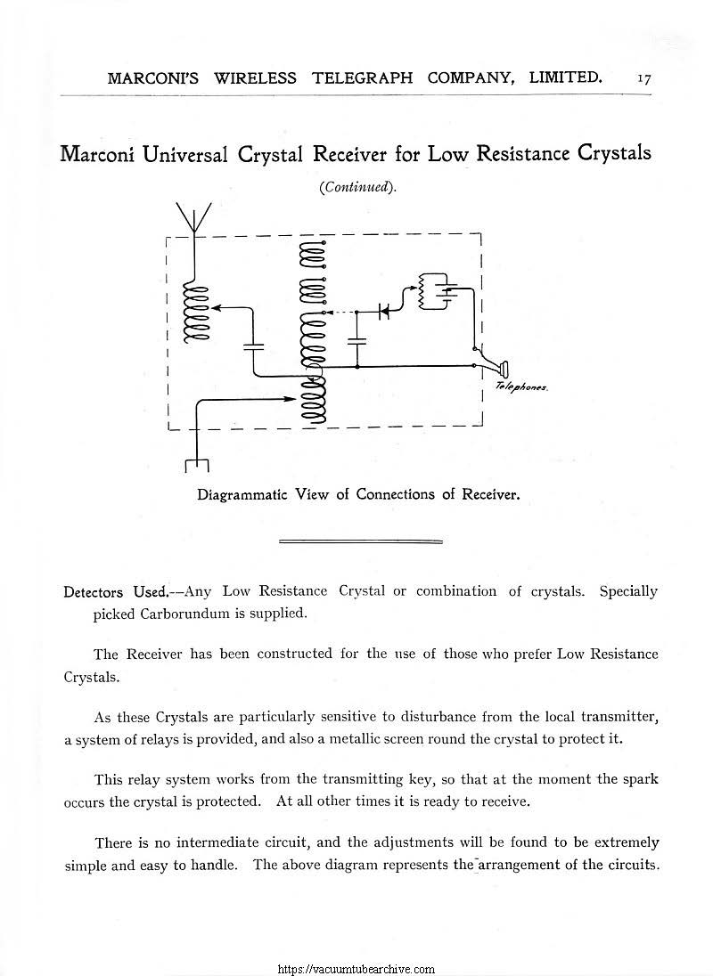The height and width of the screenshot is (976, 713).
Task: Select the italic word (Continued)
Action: (356, 188)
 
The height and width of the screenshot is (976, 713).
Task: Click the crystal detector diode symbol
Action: (385, 312)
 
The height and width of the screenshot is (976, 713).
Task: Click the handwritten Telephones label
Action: (515, 387)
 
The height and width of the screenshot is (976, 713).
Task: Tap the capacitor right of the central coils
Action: (356, 342)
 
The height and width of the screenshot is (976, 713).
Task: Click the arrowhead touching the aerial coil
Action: (217, 306)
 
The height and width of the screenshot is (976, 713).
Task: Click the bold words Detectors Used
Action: (116, 591)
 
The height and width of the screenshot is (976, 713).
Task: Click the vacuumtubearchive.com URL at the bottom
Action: (356, 968)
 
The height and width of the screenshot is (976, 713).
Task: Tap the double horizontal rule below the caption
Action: (361, 541)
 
